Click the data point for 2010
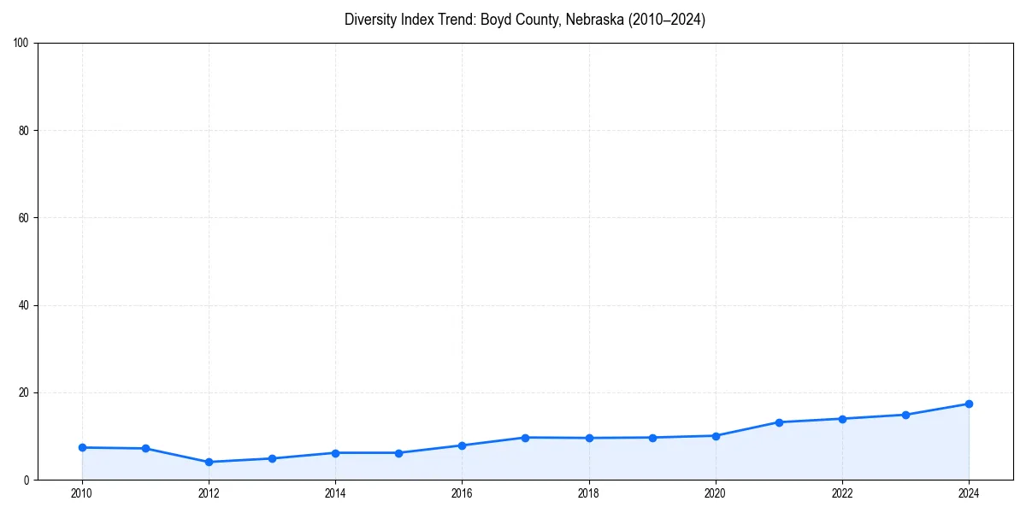click(82, 447)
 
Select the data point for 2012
click(209, 462)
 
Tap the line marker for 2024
click(969, 404)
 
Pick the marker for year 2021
click(779, 422)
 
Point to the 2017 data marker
click(525, 438)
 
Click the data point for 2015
click(398, 453)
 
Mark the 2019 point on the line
click(652, 438)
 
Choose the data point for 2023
click(905, 415)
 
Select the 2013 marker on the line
click(272, 458)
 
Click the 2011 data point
click(145, 448)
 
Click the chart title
click(525, 20)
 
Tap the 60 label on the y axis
click(24, 218)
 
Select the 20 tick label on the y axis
click(24, 392)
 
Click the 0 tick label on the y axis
click(27, 480)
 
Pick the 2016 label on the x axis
click(462, 493)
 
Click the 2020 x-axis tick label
click(716, 493)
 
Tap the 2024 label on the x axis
click(969, 493)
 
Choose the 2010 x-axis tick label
click(82, 493)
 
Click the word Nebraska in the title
click(594, 20)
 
